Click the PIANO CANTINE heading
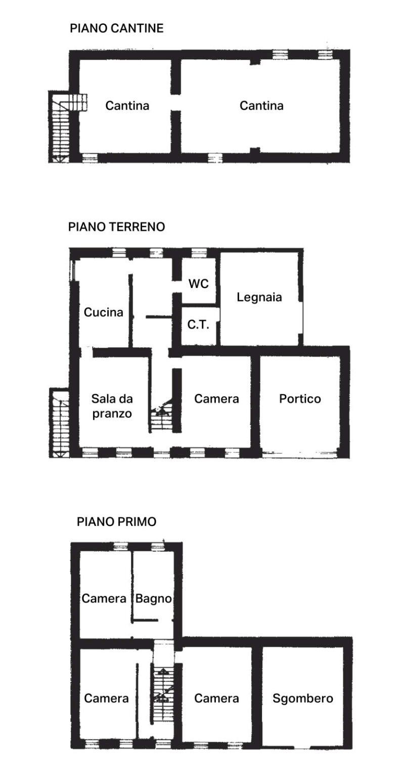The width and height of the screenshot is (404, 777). coord(116,28)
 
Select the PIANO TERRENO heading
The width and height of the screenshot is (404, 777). coord(116,227)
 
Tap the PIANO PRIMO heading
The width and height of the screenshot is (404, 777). coord(116,521)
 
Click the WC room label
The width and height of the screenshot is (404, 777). coord(198,283)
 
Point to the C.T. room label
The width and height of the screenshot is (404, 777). coord(198,324)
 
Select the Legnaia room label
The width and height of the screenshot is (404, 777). coord(259,297)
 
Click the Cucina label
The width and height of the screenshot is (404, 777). coord(104,312)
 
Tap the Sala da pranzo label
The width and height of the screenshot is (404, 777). coord(112,406)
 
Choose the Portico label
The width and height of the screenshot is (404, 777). coord(300,399)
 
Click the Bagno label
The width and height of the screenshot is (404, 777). coord(153,599)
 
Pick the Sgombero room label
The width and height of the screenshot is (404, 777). coord(303,699)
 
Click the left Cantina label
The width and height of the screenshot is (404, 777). coord(127,106)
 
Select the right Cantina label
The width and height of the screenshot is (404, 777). coord(261,106)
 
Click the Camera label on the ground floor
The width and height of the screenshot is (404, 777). coord(216,399)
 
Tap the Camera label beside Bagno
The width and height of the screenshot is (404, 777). coord(104,599)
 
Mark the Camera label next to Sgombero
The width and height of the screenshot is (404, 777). coord(216,699)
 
